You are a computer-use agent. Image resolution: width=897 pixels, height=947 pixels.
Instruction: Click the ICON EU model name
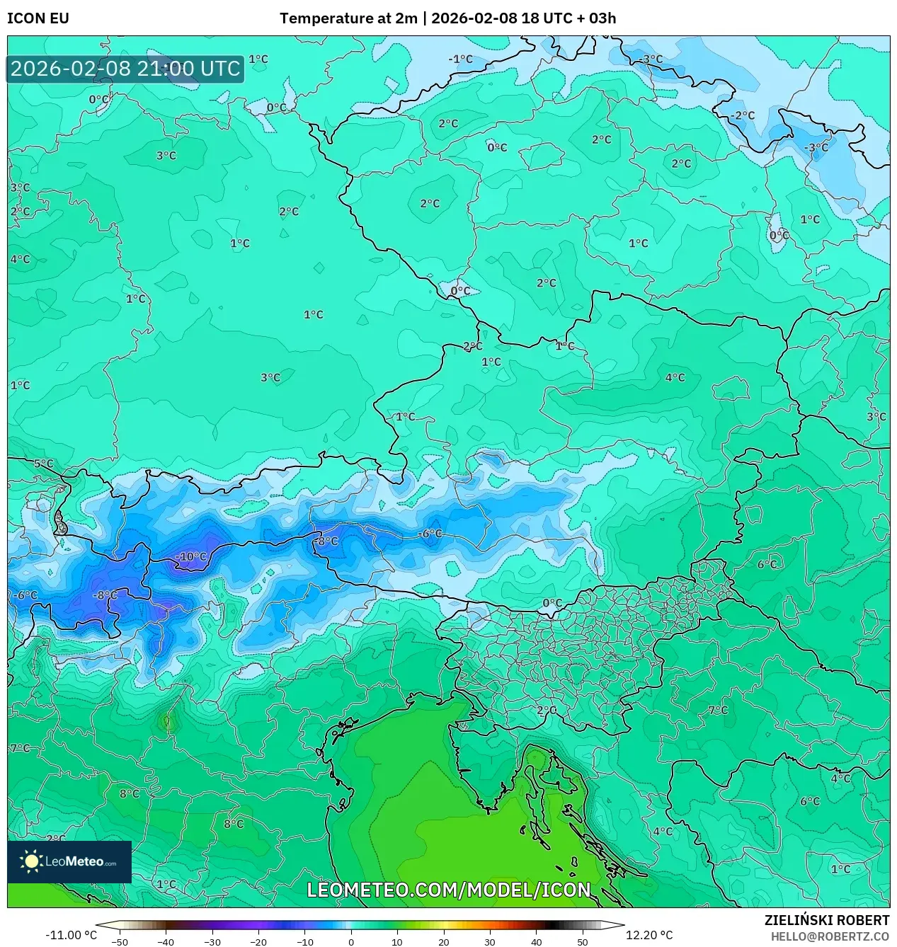coord(38,18)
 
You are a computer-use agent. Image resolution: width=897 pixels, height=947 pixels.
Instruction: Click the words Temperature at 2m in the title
coord(348,18)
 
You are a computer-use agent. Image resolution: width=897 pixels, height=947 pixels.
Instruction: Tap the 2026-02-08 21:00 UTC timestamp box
coord(125,69)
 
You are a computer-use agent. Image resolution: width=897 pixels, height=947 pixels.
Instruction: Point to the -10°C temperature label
coord(191,557)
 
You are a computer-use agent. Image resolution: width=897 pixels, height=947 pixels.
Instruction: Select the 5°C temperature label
coord(44,464)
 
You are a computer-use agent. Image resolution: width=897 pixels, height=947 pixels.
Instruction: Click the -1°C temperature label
coord(460,59)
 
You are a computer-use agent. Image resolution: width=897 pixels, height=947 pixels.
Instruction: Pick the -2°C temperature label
coord(743,115)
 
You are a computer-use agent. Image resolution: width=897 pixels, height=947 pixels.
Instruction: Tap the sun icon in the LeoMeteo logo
coord(31,861)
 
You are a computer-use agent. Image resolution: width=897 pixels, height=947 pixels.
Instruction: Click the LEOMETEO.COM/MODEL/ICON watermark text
coord(448,890)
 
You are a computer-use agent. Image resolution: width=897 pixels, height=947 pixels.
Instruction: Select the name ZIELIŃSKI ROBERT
coord(826,920)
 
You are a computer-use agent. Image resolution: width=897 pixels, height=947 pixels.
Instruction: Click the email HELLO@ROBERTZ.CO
coord(830,936)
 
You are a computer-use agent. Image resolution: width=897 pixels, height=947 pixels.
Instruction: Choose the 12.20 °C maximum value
coord(649,935)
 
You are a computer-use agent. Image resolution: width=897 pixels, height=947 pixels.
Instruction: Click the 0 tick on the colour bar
coord(351,942)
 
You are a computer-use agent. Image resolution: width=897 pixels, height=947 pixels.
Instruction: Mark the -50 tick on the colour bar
coord(120,942)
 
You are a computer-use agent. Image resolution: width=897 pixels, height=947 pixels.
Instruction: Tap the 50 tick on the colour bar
coord(583,942)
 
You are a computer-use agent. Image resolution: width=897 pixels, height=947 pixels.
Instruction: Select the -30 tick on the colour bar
coord(212,942)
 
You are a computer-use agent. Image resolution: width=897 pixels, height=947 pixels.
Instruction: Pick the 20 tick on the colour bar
coord(444,942)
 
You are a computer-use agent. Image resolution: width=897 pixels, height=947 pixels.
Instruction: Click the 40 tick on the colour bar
coord(537,942)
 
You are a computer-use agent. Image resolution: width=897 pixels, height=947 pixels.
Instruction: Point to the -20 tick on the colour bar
coord(258,942)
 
